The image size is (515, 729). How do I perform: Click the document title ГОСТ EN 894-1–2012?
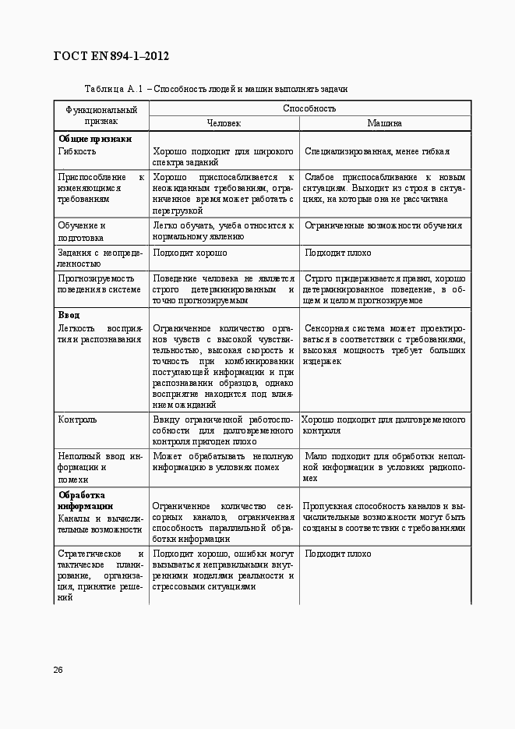point(111,56)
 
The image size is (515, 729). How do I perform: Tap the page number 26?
point(58,670)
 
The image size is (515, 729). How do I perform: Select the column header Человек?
point(224,123)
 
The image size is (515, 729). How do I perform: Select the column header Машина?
point(385,123)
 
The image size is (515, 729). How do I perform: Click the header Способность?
point(309,108)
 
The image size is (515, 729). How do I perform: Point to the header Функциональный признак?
point(101,115)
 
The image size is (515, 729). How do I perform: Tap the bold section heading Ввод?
point(69,315)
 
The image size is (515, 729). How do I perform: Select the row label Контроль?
point(78,419)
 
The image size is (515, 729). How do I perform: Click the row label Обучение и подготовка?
point(82,232)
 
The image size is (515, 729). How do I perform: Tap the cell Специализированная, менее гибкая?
point(377,151)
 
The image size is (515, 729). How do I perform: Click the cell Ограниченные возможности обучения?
point(383,225)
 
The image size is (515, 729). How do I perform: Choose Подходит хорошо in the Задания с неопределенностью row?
point(190,253)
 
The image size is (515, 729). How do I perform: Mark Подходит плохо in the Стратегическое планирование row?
point(337,554)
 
